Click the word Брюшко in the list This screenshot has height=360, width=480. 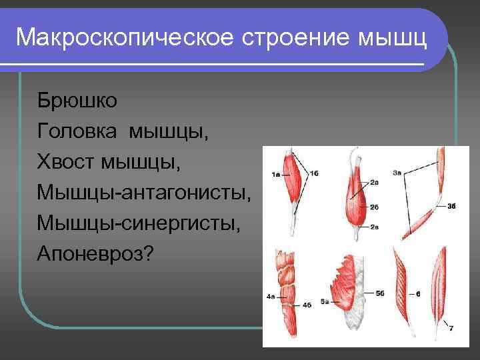pos(77,101)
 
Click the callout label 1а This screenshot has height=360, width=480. pos(275,175)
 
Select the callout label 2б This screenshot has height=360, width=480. pos(374,206)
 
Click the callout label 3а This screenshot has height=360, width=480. pos(397,173)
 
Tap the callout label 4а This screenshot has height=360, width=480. pos(271,295)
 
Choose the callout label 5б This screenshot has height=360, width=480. pos(380,292)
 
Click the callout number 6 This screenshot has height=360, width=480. pos(417,293)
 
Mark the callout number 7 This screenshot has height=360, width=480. pos(451,328)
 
